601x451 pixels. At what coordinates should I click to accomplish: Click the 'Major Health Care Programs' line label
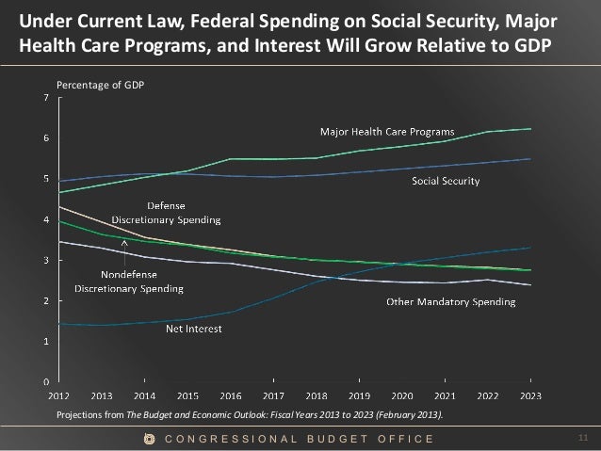coord(388,131)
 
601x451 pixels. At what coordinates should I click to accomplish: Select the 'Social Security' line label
coord(447,182)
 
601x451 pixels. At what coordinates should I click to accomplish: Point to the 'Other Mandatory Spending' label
coord(452,303)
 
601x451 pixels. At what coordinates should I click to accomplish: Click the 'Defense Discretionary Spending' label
coord(166,213)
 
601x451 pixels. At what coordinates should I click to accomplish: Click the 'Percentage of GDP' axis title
coord(98,85)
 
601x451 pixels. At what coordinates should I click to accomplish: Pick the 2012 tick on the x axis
coord(58,396)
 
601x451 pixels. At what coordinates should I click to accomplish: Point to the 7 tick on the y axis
coord(48,96)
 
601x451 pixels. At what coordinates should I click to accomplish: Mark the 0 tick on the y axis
coord(48,382)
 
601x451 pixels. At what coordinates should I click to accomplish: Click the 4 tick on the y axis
coord(48,218)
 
